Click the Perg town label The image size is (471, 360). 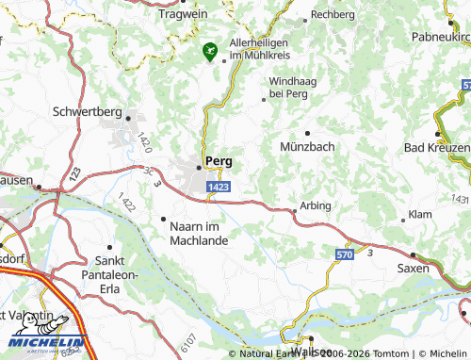pos(219,160)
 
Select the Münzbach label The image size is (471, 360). pos(307,147)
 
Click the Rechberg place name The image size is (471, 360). pos(333,15)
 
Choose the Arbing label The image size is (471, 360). pos(315,205)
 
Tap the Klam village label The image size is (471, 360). pos(420,215)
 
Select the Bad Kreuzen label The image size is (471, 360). pos(436,149)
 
